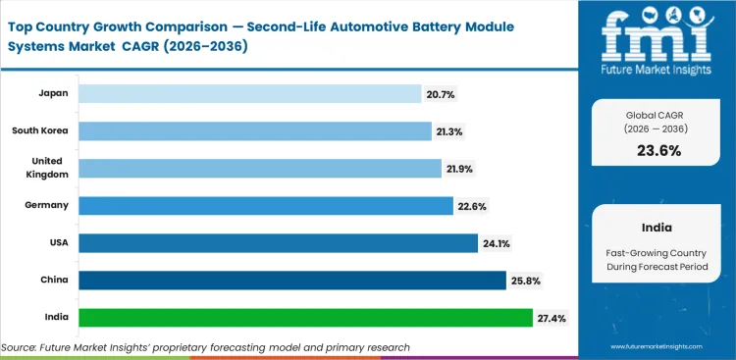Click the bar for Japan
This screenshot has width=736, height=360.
pos(249,93)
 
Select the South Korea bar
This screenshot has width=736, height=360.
pos(255,130)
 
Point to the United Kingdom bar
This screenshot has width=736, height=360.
pos(260,168)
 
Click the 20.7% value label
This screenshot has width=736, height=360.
pos(442,94)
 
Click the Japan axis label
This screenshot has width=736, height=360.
pos(54,94)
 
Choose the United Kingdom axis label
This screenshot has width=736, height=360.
pos(41,168)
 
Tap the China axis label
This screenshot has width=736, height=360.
pos(54,281)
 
